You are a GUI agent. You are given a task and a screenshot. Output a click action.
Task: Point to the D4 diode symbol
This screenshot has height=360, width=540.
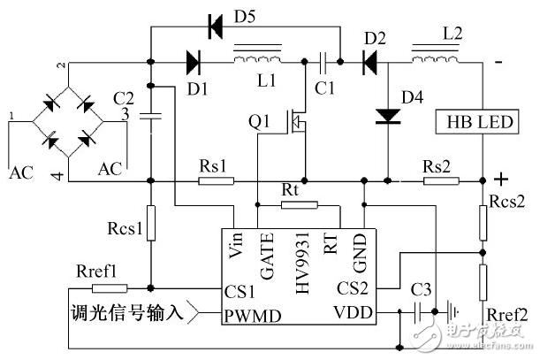click(387, 115)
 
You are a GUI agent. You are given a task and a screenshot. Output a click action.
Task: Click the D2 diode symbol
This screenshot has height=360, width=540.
click(369, 63)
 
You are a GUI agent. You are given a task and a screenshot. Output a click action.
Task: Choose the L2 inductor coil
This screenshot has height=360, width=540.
click(435, 60)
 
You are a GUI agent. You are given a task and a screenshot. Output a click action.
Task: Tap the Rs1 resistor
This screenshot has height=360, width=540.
click(215, 181)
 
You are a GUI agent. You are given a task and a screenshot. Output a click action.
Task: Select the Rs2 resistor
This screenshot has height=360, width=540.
click(440, 181)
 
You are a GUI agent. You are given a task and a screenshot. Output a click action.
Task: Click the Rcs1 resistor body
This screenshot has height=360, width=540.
click(151, 223)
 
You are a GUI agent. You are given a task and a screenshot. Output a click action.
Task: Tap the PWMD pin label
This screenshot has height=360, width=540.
click(242, 312)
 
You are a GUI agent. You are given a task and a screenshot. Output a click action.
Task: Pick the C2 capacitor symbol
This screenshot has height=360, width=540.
click(151, 114)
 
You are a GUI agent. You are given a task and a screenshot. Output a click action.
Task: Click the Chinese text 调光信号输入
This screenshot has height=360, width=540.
click(128, 312)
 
